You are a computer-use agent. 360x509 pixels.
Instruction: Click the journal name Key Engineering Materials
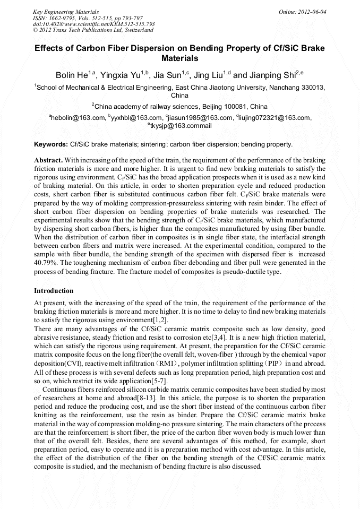coord(65,11)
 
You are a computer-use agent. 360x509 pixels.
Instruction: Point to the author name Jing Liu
coord(210,75)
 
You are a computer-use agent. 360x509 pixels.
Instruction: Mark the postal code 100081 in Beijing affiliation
coord(231,107)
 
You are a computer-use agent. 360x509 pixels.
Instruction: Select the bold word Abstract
coord(49,160)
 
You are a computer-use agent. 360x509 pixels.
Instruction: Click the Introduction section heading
coord(54,291)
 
